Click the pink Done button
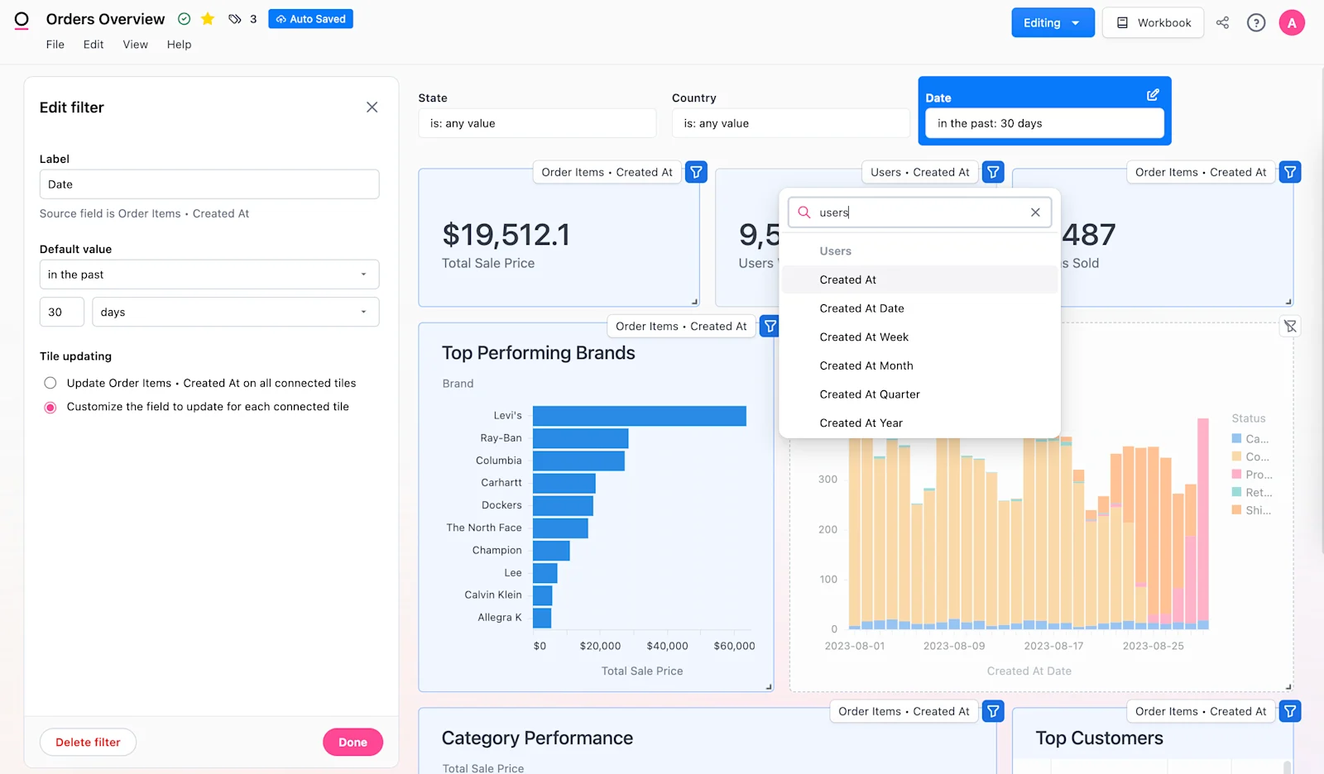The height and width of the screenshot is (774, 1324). [353, 742]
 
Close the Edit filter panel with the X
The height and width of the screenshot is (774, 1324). [372, 107]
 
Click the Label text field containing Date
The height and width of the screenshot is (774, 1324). [209, 184]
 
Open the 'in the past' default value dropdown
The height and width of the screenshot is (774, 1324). [209, 275]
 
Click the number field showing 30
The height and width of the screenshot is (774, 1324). [61, 312]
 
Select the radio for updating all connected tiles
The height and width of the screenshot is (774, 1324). [50, 383]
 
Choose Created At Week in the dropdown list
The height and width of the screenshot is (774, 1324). [864, 337]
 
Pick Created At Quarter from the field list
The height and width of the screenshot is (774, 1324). [870, 394]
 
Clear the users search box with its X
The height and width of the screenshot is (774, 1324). [1035, 213]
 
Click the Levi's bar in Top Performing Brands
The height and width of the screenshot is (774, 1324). [639, 415]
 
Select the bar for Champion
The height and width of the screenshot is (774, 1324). [551, 550]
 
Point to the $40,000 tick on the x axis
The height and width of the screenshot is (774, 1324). [667, 646]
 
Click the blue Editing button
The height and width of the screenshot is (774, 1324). [1052, 22]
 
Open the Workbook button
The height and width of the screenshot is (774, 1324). [1153, 22]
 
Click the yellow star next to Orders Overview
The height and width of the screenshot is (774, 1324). [208, 19]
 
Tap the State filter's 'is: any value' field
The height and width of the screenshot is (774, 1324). [537, 123]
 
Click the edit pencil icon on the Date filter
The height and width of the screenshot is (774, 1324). [1153, 95]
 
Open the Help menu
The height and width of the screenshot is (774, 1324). [179, 45]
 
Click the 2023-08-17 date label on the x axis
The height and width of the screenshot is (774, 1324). [1053, 646]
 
